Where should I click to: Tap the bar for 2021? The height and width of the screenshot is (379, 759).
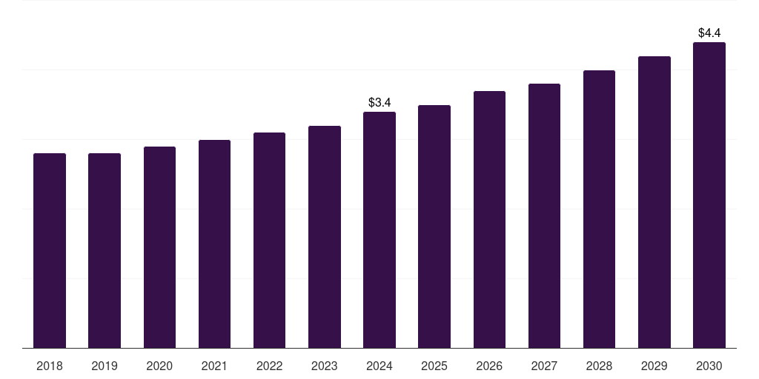214,244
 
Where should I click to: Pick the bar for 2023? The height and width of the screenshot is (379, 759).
325,237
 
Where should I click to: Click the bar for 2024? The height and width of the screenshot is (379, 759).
379,229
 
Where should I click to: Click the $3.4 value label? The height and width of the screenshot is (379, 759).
379,102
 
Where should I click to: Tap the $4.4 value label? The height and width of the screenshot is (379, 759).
709,33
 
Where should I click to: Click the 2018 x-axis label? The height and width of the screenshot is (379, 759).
50,366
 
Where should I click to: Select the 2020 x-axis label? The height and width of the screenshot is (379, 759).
159,366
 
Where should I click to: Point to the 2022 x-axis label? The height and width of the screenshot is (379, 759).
269,366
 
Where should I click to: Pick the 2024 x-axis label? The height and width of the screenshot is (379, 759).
379,366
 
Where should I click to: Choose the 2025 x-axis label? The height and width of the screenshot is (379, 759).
434,366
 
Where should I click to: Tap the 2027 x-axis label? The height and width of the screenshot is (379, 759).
544,366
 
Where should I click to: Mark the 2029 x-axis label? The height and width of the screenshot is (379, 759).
654,366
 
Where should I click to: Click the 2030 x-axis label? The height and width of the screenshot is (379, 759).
709,366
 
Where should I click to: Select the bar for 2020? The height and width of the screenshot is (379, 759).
159,247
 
